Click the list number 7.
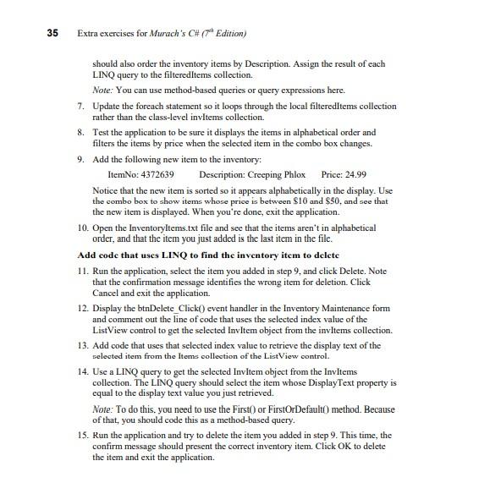[80, 106]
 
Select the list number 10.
[82, 228]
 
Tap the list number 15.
[82, 435]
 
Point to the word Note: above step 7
[102, 90]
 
